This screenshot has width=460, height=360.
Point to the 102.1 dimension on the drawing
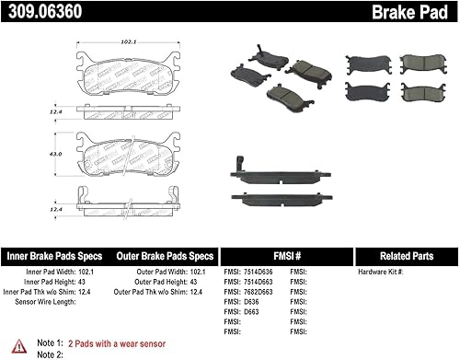click(129, 41)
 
